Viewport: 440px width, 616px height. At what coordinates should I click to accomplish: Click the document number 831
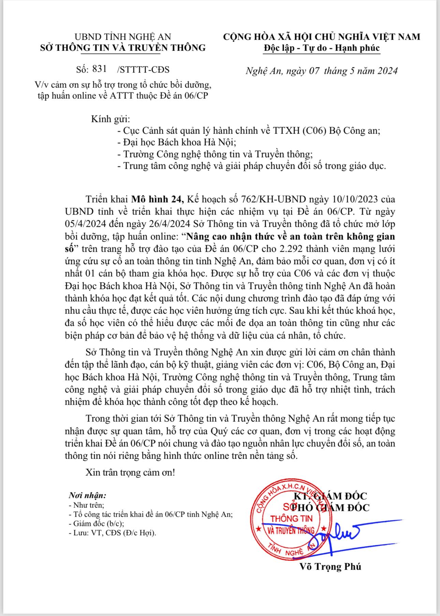99,69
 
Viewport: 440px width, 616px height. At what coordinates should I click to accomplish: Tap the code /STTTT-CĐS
143,70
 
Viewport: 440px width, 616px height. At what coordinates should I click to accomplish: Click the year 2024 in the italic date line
385,71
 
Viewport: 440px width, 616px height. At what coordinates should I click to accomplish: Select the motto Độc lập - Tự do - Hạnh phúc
321,48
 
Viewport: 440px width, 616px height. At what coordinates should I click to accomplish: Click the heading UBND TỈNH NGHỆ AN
122,37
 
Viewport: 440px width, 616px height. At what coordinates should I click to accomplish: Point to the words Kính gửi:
111,119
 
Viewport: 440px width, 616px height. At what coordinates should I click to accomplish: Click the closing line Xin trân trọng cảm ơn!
130,472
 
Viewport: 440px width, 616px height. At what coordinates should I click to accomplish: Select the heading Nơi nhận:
87,495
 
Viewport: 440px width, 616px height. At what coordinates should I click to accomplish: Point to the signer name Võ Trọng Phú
330,567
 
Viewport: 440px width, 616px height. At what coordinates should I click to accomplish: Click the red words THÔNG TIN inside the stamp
291,518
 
